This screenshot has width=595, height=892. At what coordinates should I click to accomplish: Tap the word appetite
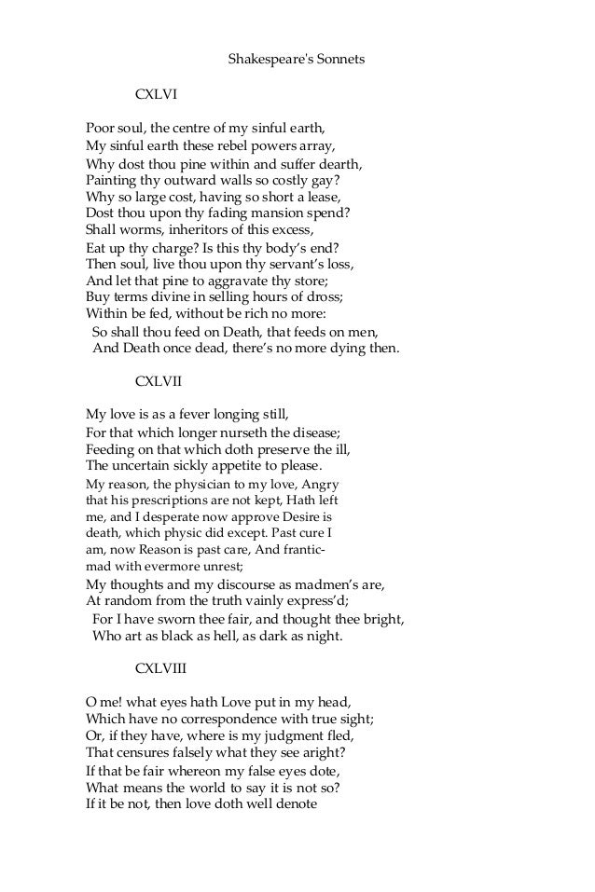click(x=232, y=465)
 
